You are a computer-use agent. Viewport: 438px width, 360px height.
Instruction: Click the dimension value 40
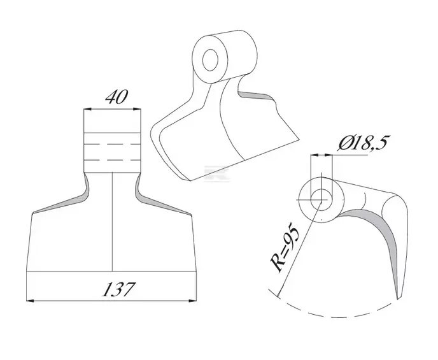tap(117, 97)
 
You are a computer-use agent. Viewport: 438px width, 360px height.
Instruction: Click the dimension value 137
tap(118, 289)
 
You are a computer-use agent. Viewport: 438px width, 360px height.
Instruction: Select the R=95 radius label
tap(285, 247)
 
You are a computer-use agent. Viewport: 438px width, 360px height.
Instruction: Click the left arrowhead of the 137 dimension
tap(30, 301)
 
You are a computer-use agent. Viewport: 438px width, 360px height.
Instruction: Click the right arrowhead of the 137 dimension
tap(193, 301)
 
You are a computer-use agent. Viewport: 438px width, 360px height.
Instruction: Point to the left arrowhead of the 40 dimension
tap(88, 110)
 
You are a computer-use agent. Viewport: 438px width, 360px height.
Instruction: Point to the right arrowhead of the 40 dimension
tap(137, 110)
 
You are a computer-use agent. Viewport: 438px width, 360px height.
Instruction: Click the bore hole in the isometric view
tap(210, 61)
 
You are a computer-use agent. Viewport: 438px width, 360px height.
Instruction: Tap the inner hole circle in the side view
tap(321, 200)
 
